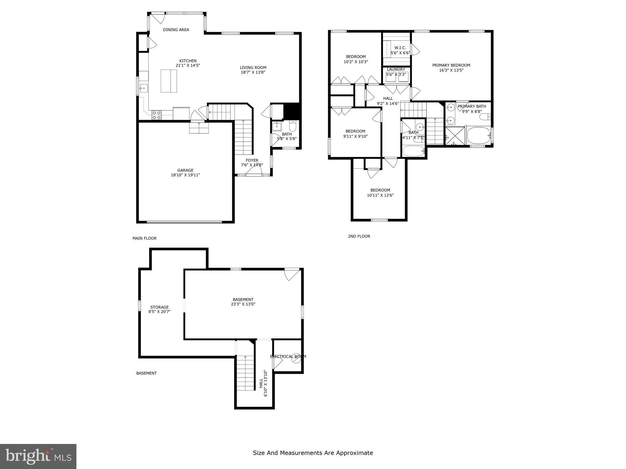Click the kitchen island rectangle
point(169,81)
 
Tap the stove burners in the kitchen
point(157,115)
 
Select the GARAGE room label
point(185,170)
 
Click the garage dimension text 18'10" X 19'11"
point(185,175)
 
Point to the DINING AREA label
point(176,30)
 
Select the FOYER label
point(252,160)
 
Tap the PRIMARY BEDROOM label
point(451,65)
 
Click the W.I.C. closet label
point(400,48)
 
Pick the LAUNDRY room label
point(396,69)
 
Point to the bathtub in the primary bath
point(479,136)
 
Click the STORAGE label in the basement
point(159,307)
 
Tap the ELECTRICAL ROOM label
point(288,356)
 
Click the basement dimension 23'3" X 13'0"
point(243,304)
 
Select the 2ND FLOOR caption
point(359,236)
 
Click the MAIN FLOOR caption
point(144,238)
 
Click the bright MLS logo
point(38,456)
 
